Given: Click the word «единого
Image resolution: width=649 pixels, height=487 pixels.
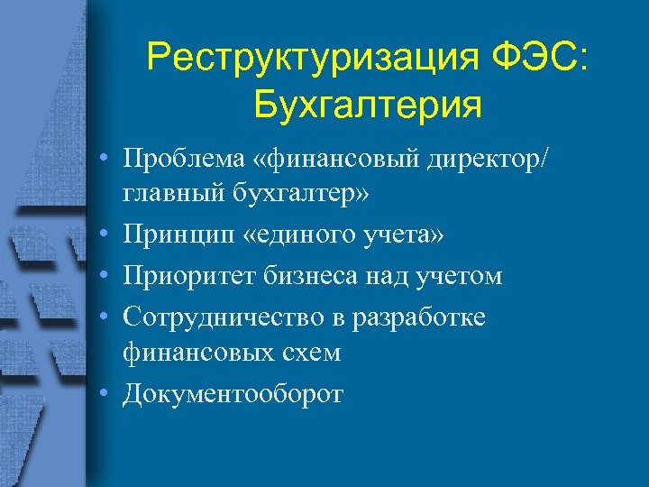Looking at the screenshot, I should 290,235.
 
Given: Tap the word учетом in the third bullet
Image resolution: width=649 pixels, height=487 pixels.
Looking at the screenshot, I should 459,274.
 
